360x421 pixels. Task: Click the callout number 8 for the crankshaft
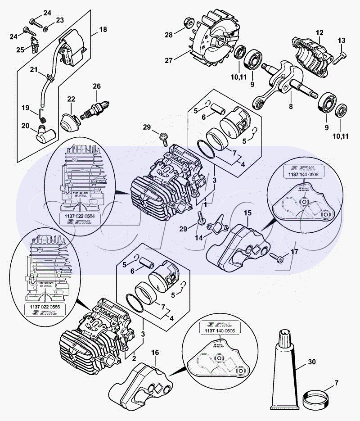[291, 107]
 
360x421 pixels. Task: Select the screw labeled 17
[276, 257]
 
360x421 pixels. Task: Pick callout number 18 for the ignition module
[103, 30]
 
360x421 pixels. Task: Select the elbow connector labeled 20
[45, 133]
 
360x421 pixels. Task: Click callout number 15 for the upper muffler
[248, 212]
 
